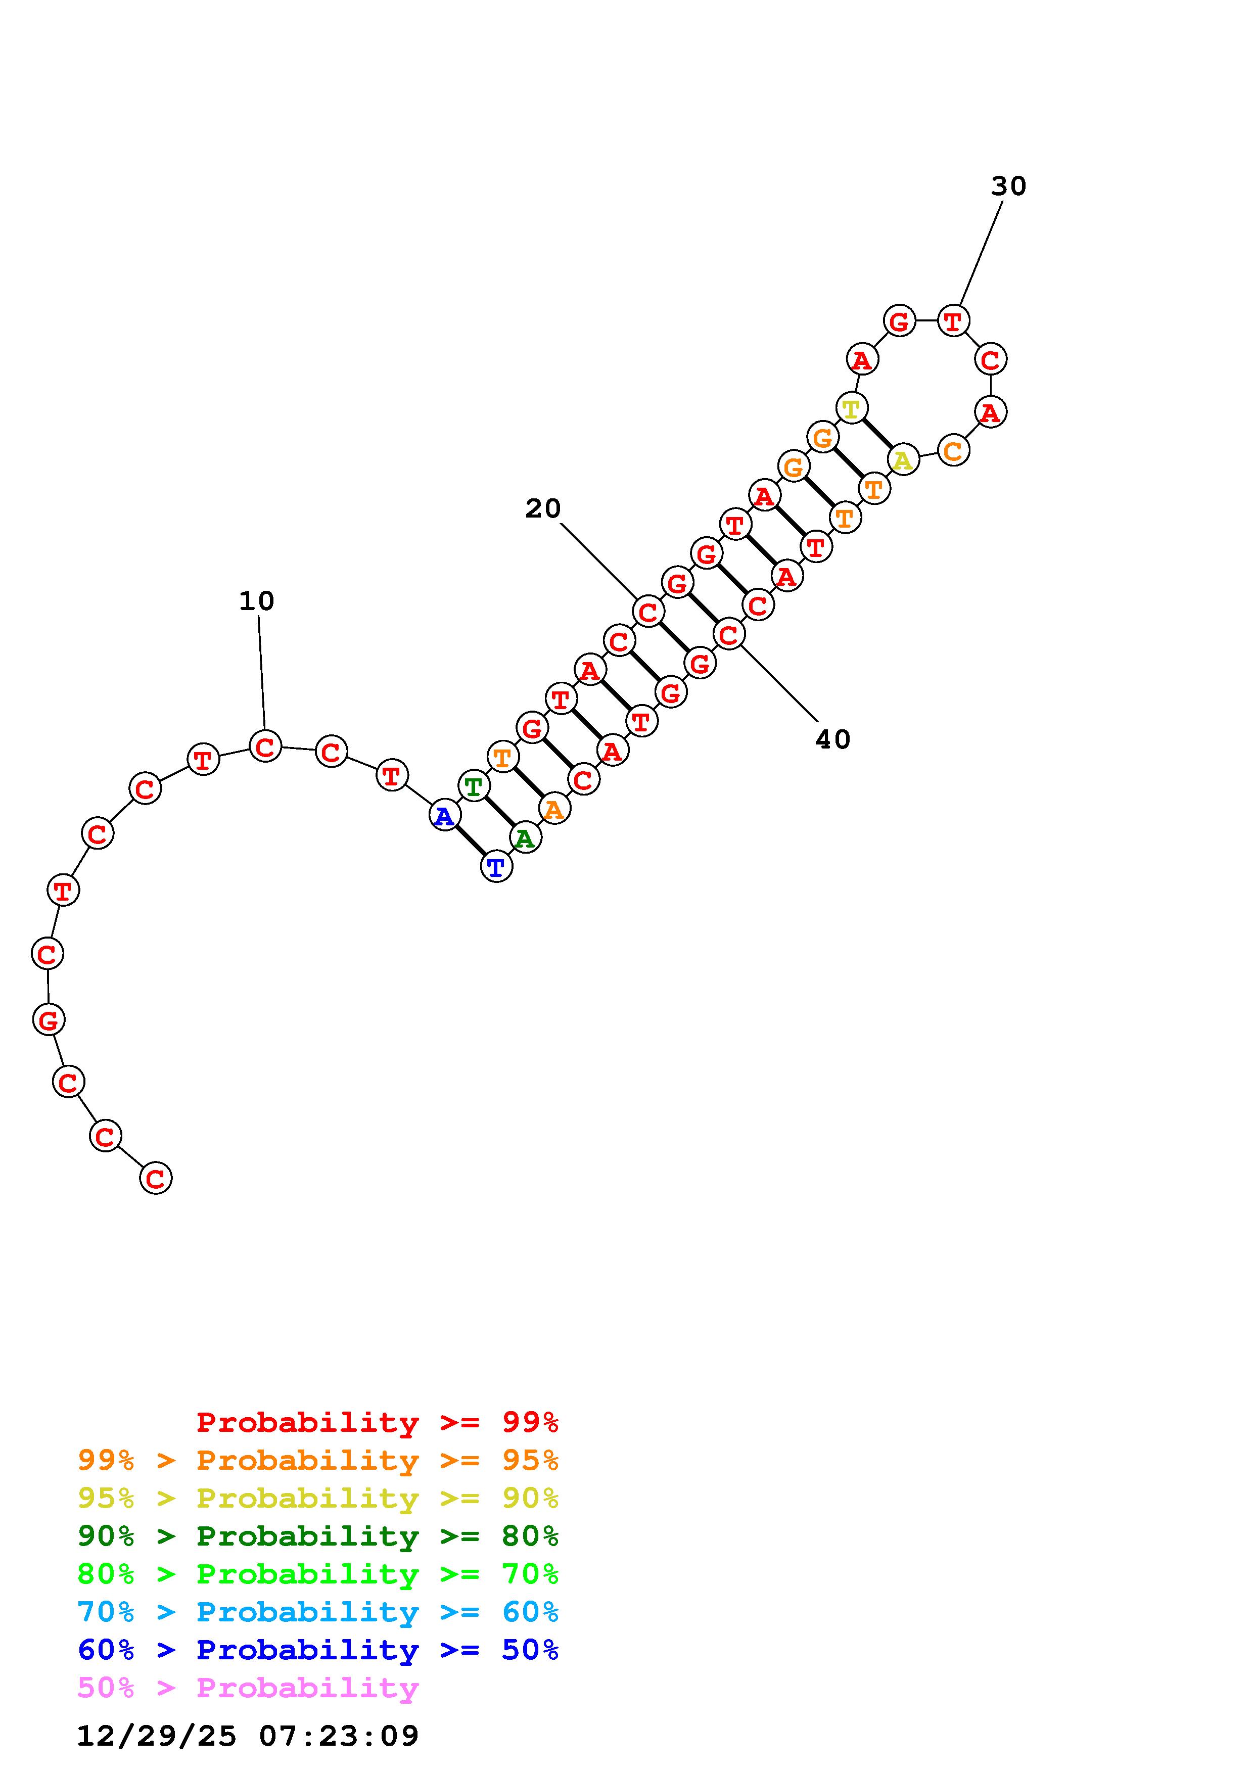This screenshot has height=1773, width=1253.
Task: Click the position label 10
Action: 256,601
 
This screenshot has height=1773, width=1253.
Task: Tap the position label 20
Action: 543,508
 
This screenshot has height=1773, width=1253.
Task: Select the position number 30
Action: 1008,186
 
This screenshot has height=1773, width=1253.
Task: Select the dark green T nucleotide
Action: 473,786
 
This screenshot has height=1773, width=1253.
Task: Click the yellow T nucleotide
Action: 852,408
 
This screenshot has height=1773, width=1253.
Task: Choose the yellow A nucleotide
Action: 903,460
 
